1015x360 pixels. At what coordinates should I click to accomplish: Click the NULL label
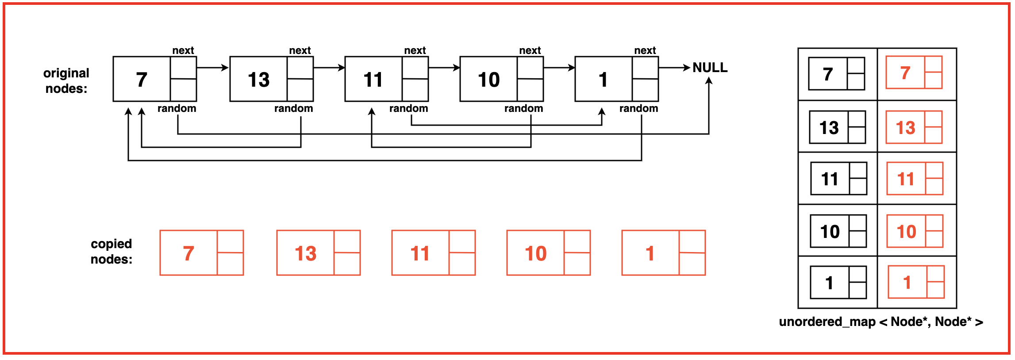710,68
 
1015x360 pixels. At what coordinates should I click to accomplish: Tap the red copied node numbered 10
548,253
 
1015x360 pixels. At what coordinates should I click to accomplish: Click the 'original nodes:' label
66,80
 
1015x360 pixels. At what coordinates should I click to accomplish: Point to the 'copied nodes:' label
111,251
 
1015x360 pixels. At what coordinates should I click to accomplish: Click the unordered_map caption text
881,322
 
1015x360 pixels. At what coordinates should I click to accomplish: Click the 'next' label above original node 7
183,50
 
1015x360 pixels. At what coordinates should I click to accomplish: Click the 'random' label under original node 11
408,108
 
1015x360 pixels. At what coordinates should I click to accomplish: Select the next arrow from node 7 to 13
212,68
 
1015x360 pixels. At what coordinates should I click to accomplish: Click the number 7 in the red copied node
188,253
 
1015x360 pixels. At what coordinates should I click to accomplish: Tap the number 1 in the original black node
603,80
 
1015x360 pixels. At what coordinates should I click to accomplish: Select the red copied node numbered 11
433,253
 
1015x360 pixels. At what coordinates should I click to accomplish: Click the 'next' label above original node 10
530,50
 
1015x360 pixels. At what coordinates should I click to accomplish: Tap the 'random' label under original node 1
638,108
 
